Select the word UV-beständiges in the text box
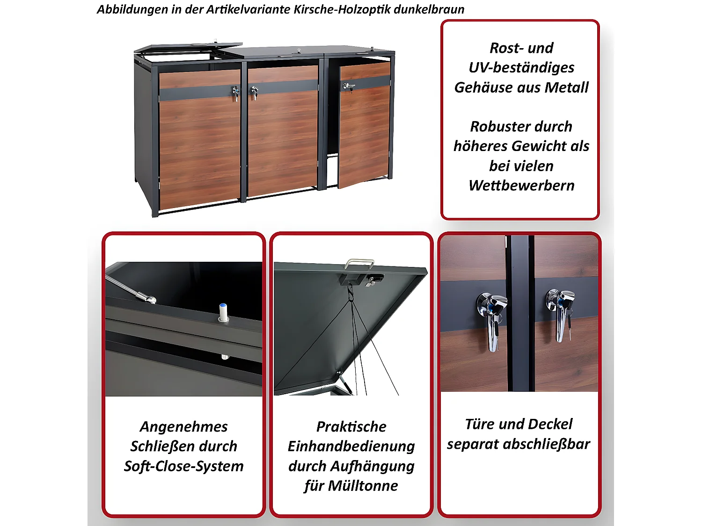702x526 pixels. [521, 68]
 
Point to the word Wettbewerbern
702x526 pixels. [521, 186]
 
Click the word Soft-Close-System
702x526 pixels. [184, 466]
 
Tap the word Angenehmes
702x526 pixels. [184, 426]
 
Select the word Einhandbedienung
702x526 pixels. [351, 447]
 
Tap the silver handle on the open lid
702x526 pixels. [359, 263]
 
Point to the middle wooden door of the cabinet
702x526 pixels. [282, 136]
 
